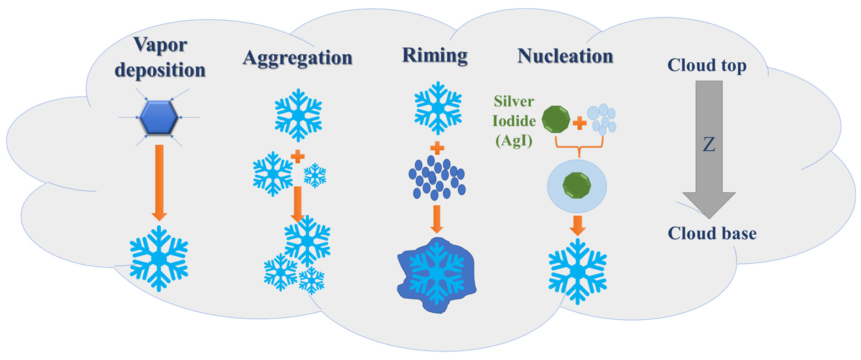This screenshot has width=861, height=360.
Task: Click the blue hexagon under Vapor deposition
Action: coord(159,118)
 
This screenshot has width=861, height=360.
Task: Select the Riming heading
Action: coord(434,55)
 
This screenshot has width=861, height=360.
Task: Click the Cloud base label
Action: coord(712,233)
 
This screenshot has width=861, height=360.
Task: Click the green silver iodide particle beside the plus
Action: coord(556,119)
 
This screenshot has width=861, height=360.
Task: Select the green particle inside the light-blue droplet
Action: coord(577,186)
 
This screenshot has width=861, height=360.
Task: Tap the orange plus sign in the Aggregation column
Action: coord(298,156)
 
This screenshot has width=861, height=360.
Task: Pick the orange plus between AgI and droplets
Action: coord(580,123)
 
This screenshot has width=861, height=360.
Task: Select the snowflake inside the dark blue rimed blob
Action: coord(437,273)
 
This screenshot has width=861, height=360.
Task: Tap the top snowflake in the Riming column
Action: coord(438,108)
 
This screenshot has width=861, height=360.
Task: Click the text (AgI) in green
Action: coord(514,141)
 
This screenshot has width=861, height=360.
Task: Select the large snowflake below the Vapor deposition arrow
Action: coord(159,258)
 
